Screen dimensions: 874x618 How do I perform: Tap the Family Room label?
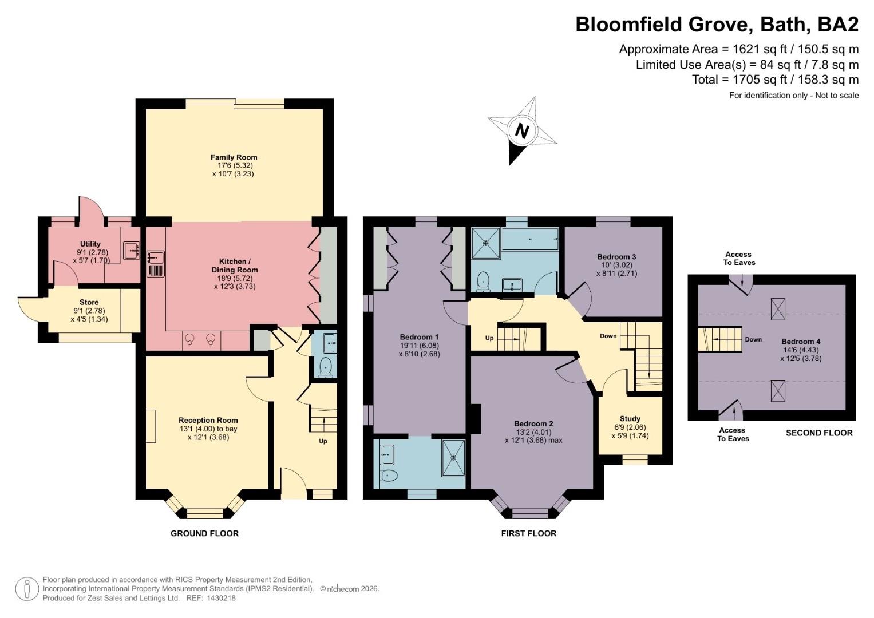(x=234, y=157)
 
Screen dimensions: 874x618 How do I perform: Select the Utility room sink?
(x=130, y=251)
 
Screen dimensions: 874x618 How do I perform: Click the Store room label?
(x=89, y=302)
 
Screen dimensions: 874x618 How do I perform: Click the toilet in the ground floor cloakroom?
(x=325, y=367)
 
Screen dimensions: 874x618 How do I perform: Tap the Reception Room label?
(x=208, y=420)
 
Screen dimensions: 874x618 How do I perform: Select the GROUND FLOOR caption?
(x=204, y=533)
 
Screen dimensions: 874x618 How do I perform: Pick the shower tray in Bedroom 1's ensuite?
(x=453, y=458)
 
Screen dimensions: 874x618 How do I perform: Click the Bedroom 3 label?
(x=616, y=257)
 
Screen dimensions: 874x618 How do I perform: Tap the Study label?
(x=630, y=419)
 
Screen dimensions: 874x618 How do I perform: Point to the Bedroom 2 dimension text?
(x=533, y=436)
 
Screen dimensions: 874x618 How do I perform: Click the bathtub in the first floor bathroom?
(x=530, y=239)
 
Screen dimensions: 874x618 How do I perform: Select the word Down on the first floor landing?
(x=608, y=336)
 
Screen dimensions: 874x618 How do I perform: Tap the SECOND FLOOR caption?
(x=819, y=433)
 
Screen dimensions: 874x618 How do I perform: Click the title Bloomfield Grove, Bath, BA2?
(x=717, y=24)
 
